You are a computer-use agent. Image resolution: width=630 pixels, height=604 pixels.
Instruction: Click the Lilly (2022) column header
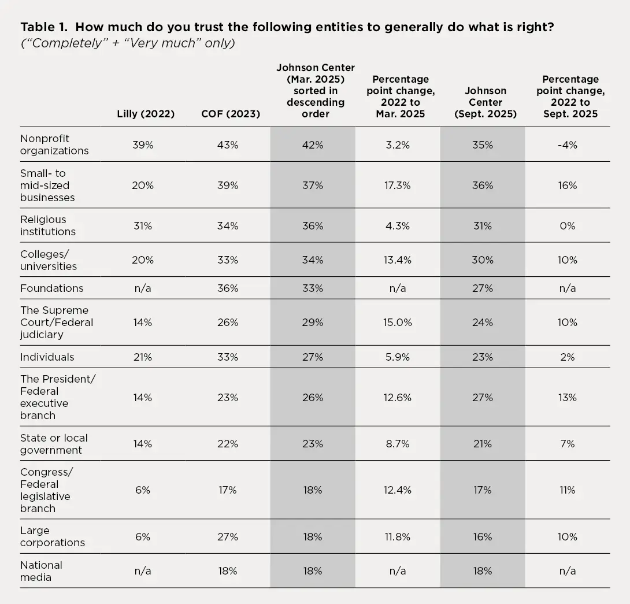pyautogui.click(x=146, y=114)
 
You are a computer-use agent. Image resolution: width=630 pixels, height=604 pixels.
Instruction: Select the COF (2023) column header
pyautogui.click(x=231, y=114)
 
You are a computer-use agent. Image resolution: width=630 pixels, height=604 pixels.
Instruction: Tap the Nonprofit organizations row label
pyautogui.click(x=54, y=144)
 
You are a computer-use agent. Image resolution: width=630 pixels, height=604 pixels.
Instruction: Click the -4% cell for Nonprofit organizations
pyautogui.click(x=568, y=144)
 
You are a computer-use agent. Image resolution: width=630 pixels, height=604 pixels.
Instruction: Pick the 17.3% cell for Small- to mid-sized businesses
pyautogui.click(x=398, y=186)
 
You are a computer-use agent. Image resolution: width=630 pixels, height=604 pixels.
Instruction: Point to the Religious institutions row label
pyautogui.click(x=48, y=225)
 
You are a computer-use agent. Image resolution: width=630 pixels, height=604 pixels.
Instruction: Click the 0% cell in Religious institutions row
pyautogui.click(x=568, y=226)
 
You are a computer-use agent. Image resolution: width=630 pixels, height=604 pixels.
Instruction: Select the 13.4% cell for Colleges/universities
pyautogui.click(x=398, y=260)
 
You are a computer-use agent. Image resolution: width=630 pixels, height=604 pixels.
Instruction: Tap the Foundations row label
pyautogui.click(x=52, y=288)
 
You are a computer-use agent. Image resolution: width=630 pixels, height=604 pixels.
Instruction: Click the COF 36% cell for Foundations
pyautogui.click(x=228, y=288)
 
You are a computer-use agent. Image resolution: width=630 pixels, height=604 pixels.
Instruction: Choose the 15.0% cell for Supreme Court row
pyautogui.click(x=398, y=323)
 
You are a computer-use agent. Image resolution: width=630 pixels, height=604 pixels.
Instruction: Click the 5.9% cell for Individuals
pyautogui.click(x=398, y=357)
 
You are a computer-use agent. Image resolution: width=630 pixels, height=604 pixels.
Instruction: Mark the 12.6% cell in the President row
pyautogui.click(x=398, y=398)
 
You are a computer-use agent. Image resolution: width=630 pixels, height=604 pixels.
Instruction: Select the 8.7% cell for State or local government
pyautogui.click(x=398, y=444)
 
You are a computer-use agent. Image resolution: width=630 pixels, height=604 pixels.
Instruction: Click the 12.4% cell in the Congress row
pyautogui.click(x=398, y=490)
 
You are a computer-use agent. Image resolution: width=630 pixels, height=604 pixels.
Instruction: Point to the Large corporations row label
pyautogui.click(x=53, y=536)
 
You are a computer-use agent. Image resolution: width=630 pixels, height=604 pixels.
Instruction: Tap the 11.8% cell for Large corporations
pyautogui.click(x=398, y=537)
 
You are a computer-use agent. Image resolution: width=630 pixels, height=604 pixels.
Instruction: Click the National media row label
pyautogui.click(x=41, y=571)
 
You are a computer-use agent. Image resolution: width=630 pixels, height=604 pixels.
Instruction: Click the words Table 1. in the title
pyautogui.click(x=44, y=27)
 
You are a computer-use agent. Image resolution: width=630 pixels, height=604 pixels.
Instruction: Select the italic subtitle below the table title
pyautogui.click(x=128, y=43)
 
